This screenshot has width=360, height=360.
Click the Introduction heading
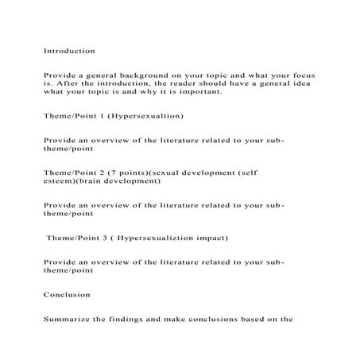click(69, 51)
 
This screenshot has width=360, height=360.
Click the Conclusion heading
click(67, 294)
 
